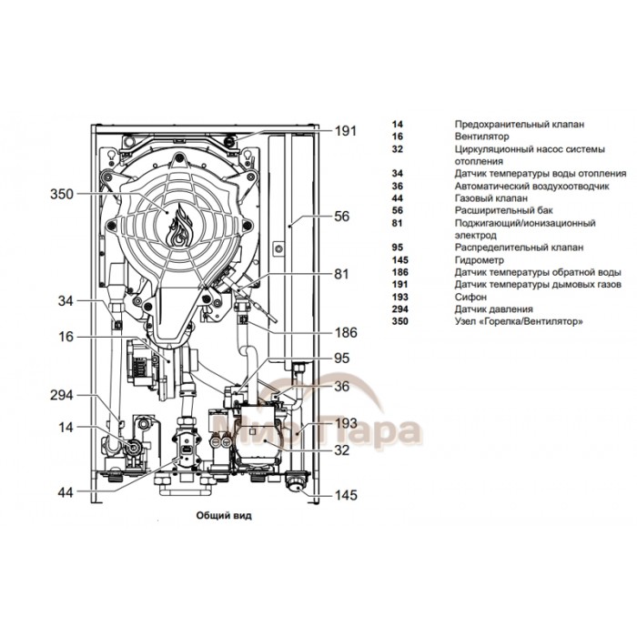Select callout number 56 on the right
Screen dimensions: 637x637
341,217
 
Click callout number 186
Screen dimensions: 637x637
346,333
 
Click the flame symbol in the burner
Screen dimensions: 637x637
179,225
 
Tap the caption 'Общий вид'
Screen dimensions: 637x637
223,515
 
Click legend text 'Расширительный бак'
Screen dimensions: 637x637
497,210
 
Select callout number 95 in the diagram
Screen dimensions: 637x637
342,358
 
